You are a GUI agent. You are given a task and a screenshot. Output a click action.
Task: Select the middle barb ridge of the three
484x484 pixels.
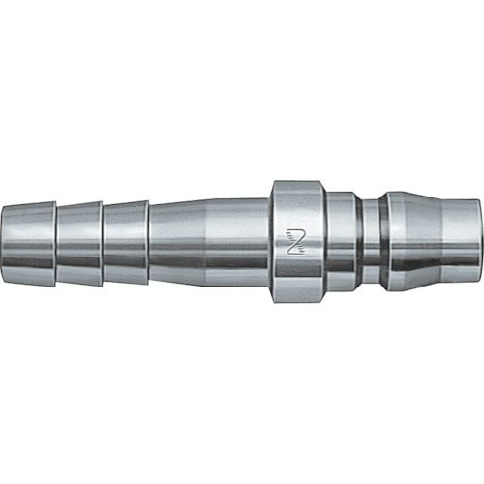tap(78, 239)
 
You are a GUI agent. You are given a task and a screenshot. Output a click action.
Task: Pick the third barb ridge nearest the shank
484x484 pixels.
tap(125, 239)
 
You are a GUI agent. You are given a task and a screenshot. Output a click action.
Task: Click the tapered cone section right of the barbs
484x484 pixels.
tap(174, 239)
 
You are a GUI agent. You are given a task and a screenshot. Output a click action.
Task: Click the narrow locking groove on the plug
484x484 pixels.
tap(367, 239)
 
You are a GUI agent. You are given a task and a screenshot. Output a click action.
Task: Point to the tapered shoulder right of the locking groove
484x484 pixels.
tap(392, 239)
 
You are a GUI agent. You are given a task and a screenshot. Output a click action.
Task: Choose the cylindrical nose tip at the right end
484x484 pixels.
tap(445, 239)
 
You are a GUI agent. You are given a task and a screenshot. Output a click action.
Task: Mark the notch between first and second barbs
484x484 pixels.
tap(55, 239)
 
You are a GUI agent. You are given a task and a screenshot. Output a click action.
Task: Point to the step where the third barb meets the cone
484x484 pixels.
tap(149, 239)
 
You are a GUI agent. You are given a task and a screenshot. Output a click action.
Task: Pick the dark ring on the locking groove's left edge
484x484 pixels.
tap(357, 239)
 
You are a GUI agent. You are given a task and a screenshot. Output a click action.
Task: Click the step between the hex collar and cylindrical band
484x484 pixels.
tap(324, 239)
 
